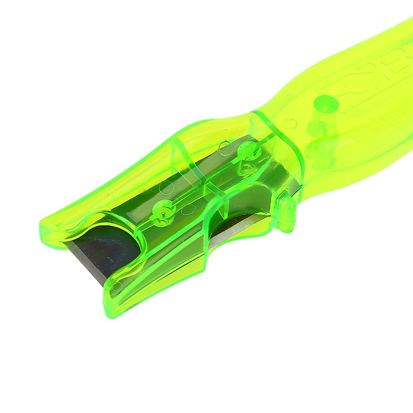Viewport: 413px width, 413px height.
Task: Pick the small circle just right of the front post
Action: [x=189, y=209]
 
